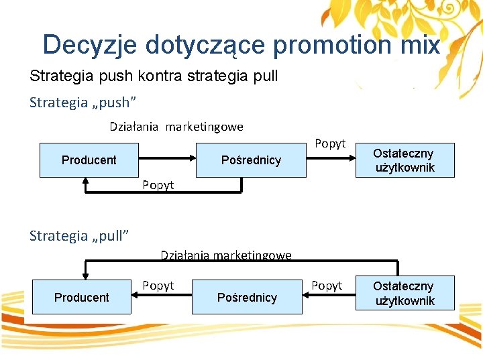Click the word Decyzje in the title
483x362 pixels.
pos(89,45)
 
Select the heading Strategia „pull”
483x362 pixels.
pos(79,235)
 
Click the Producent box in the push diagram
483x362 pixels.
pos(89,160)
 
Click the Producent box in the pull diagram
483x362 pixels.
pos(81,297)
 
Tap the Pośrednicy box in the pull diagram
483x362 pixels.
pos(247,297)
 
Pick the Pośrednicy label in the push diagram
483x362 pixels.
pos(251,160)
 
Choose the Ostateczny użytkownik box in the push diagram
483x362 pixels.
pos(404,160)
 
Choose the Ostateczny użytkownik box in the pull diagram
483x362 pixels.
pos(404,294)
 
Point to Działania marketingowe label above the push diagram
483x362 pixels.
pos(176,127)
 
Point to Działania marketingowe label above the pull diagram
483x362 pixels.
pos(226,255)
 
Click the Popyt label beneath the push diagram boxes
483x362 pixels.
pos(158,185)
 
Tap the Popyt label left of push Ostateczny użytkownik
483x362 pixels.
pos(330,143)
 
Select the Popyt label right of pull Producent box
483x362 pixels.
pos(158,286)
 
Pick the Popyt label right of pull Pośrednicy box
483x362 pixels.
pos(327,286)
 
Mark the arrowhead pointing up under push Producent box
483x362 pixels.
pos(86,181)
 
